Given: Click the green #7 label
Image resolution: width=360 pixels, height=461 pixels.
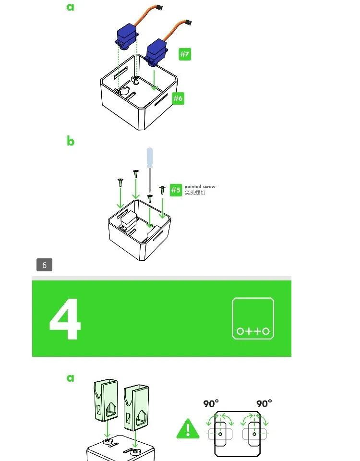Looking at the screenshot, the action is click(x=185, y=54).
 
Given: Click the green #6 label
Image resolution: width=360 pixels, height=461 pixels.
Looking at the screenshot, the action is click(x=178, y=98).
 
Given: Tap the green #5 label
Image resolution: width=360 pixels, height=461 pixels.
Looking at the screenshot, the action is click(x=176, y=190).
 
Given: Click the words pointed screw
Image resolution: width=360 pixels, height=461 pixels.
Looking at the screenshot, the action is click(x=200, y=187).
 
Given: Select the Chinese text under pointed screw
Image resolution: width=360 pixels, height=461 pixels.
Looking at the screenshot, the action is click(x=195, y=193).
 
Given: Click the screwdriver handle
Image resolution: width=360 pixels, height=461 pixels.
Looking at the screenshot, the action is click(x=150, y=158).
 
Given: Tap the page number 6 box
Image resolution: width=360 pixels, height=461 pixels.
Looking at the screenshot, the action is click(x=44, y=265).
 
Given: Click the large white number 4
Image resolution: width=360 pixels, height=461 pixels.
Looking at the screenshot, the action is click(x=65, y=319).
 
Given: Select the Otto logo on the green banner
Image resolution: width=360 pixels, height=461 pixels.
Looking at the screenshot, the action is click(x=253, y=318).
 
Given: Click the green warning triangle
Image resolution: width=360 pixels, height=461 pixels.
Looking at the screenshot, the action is click(x=188, y=429).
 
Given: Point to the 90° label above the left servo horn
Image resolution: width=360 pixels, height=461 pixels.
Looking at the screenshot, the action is click(x=211, y=403).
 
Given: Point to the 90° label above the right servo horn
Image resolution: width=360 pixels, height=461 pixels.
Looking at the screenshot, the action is click(x=264, y=403).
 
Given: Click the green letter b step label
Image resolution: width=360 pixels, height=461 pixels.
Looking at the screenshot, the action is click(x=71, y=141).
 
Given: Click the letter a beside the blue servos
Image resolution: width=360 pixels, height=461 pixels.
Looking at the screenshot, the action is click(x=71, y=7).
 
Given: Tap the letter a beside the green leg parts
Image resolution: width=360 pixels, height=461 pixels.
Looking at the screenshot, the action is click(x=71, y=378).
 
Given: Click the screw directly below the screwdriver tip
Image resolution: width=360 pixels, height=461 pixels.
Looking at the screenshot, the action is click(x=150, y=198).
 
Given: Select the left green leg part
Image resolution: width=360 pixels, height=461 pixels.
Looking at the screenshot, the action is click(x=106, y=400).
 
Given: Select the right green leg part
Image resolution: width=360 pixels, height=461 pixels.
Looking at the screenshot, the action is click(x=136, y=407).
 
